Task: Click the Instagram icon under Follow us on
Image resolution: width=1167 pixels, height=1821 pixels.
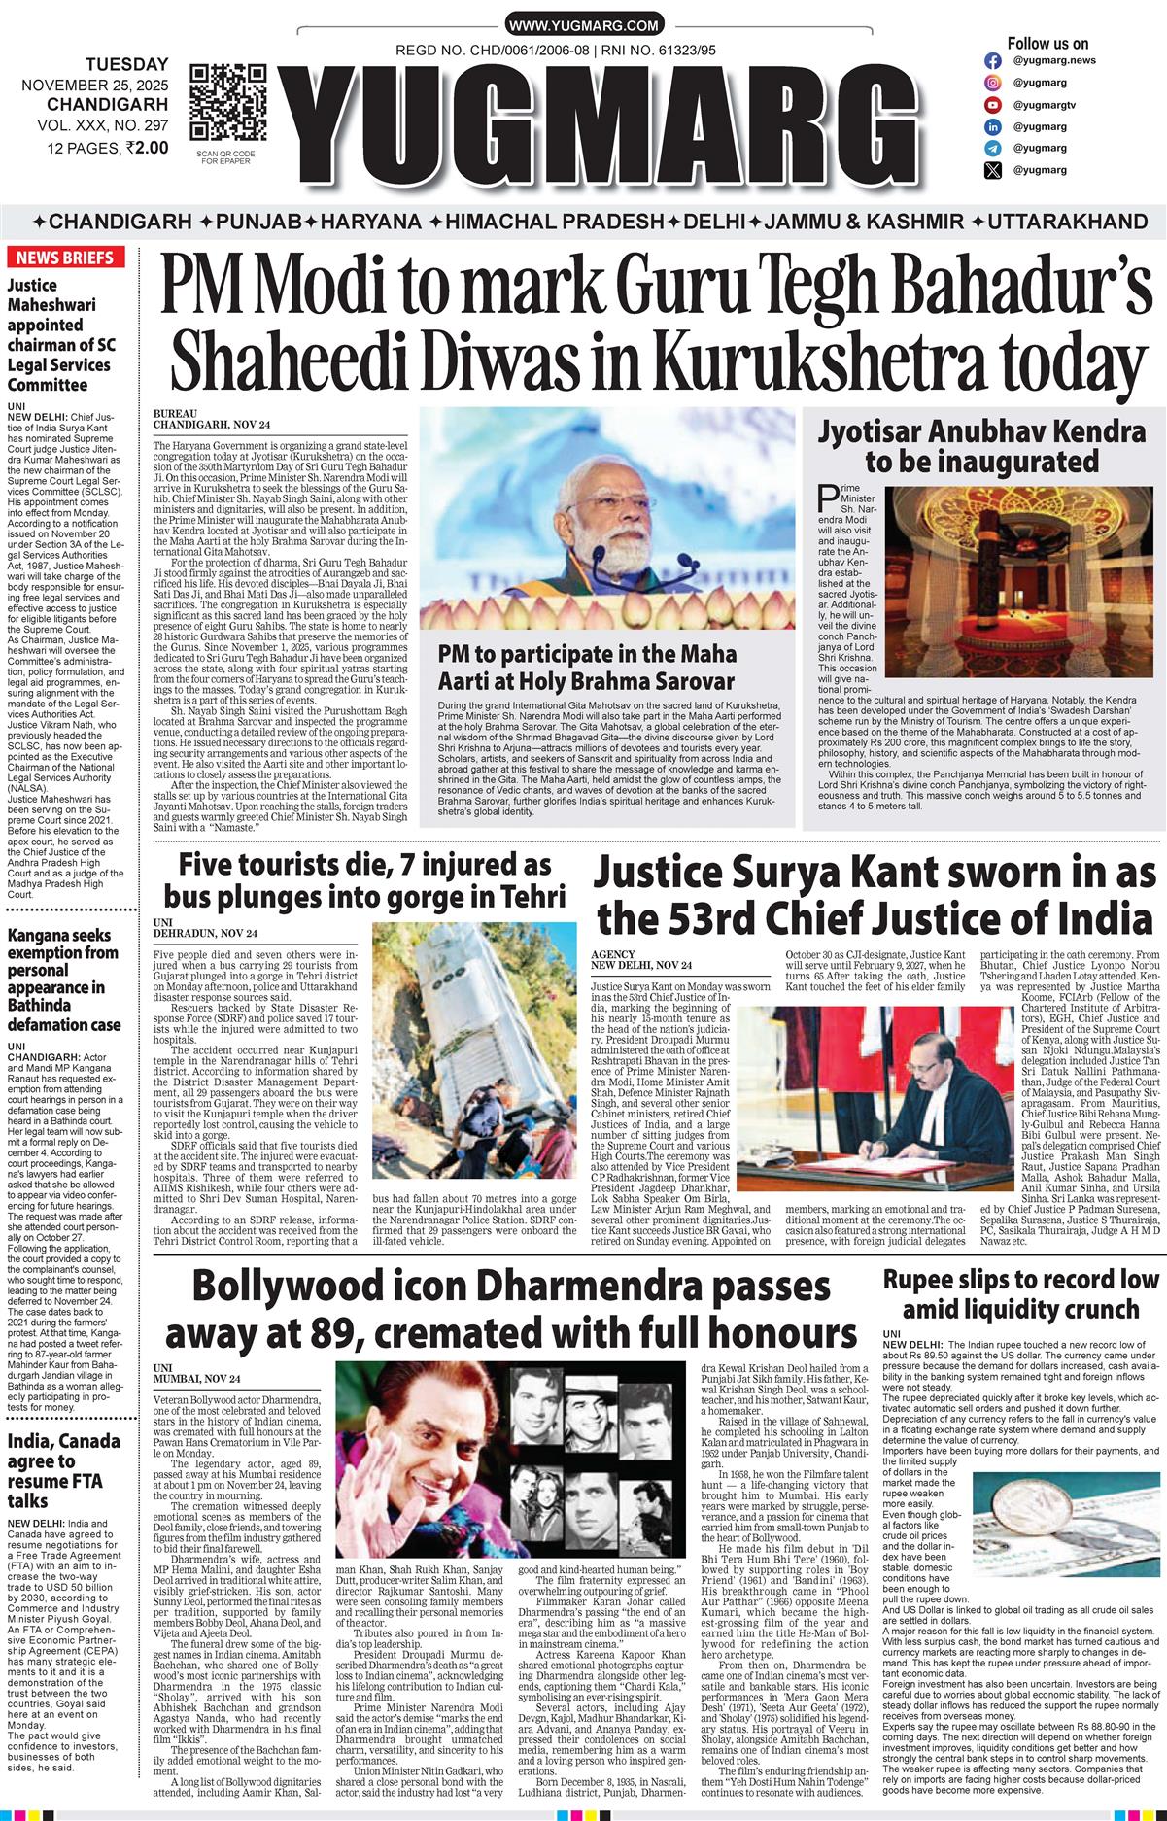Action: [x=992, y=60]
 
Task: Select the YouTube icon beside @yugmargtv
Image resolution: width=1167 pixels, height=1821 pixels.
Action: [x=992, y=105]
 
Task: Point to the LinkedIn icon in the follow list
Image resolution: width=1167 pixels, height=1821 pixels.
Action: [x=992, y=127]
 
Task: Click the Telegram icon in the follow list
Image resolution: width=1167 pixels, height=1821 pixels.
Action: [x=992, y=149]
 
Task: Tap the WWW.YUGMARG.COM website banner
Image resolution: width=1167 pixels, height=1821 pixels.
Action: [x=583, y=25]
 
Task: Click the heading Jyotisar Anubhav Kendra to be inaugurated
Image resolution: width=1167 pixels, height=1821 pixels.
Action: [x=981, y=445]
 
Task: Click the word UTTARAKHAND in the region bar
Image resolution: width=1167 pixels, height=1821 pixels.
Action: [x=1067, y=221]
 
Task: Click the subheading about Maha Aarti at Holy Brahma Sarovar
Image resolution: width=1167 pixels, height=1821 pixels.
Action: [x=587, y=667]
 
